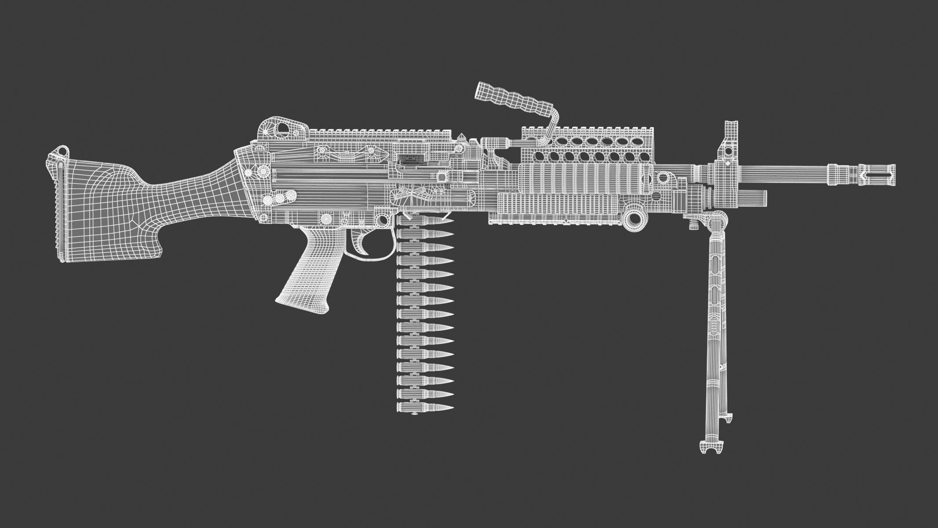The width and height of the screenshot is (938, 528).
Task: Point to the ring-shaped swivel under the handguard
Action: (x=635, y=218)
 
